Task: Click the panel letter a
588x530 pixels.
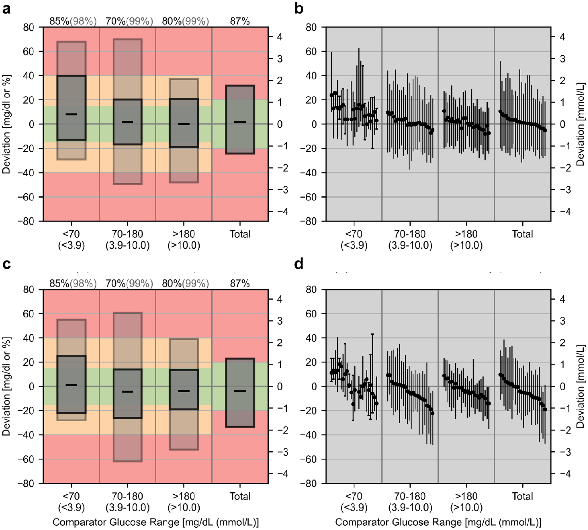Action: pyautogui.click(x=7, y=9)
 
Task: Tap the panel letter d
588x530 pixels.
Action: pyautogui.click(x=299, y=264)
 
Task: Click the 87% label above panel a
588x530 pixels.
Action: pyautogui.click(x=240, y=21)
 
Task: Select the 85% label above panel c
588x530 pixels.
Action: pyautogui.click(x=59, y=284)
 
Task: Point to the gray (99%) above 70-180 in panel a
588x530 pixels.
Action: pyautogui.click(x=140, y=21)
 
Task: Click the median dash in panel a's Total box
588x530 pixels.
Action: pyautogui.click(x=240, y=122)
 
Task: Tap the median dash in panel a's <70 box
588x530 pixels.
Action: pyautogui.click(x=71, y=114)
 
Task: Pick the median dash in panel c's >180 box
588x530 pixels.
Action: pyautogui.click(x=184, y=391)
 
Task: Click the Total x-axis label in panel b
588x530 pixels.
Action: pyautogui.click(x=523, y=234)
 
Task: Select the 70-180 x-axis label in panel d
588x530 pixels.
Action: pyautogui.click(x=410, y=496)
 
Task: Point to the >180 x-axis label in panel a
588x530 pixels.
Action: pyautogui.click(x=184, y=234)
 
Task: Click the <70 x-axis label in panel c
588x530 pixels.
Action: pyautogui.click(x=71, y=496)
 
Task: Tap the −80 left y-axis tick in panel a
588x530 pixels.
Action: pyautogui.click(x=29, y=221)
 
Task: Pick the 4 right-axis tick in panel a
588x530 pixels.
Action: pyautogui.click(x=280, y=37)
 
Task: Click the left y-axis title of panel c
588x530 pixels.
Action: pyautogui.click(x=7, y=386)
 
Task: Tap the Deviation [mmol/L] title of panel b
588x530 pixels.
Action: pyautogui.click(x=581, y=124)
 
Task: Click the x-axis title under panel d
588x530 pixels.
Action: pyautogui.click(x=438, y=522)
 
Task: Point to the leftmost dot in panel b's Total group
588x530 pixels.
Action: pyautogui.click(x=500, y=111)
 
